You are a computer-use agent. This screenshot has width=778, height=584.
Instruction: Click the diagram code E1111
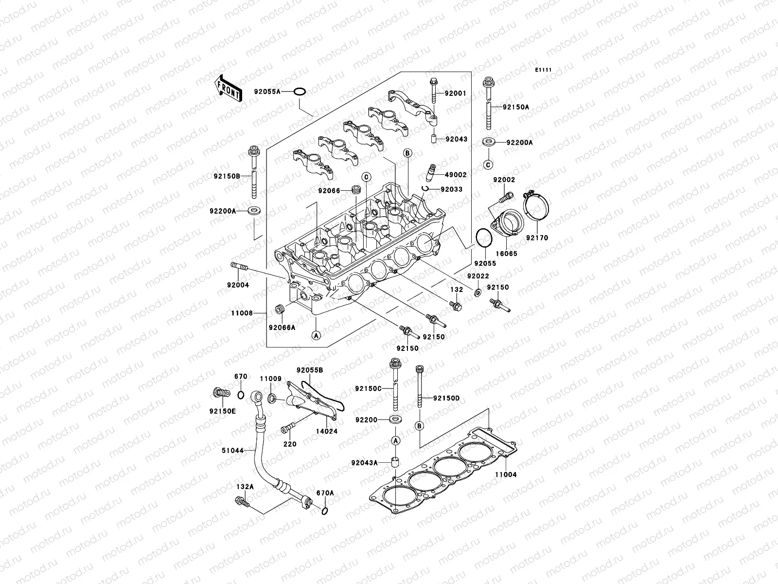point(544,71)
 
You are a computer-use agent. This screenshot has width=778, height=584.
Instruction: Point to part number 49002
point(456,175)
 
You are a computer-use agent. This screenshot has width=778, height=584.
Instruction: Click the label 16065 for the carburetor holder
point(507,254)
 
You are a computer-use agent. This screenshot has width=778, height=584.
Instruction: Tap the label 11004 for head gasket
point(506,474)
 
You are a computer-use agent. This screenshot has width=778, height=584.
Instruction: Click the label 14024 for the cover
point(326,431)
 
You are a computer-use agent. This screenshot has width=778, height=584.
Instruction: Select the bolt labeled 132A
point(242,501)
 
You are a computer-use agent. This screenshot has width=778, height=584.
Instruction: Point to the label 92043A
point(366,462)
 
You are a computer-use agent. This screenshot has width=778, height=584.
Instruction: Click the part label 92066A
point(282,327)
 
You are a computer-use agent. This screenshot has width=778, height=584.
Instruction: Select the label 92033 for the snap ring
point(452,189)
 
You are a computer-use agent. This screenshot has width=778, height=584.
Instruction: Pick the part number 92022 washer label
point(477,276)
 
